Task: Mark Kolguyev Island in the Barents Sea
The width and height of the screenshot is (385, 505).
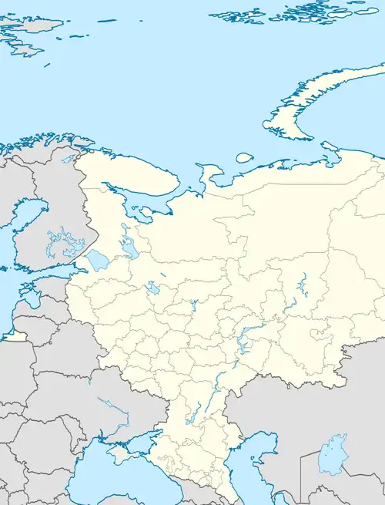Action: click(x=244, y=157)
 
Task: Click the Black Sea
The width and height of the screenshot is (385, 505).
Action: click(x=100, y=482)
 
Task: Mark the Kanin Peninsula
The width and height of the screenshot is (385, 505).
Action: click(x=206, y=171)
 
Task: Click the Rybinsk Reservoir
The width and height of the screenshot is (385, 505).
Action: click(x=152, y=289)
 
